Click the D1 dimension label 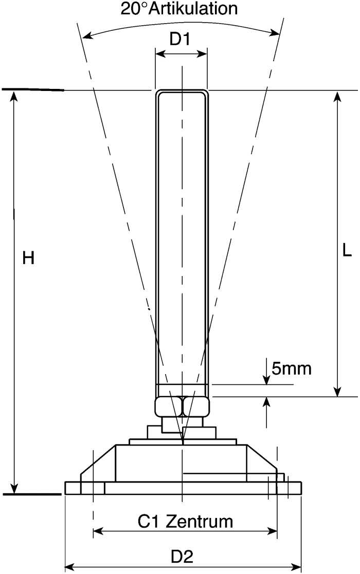180,39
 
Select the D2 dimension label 182,557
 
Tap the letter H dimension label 28,258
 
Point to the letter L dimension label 347,250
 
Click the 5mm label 292,368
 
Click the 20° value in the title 134,8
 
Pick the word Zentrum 199,522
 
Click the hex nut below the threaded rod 182,407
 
